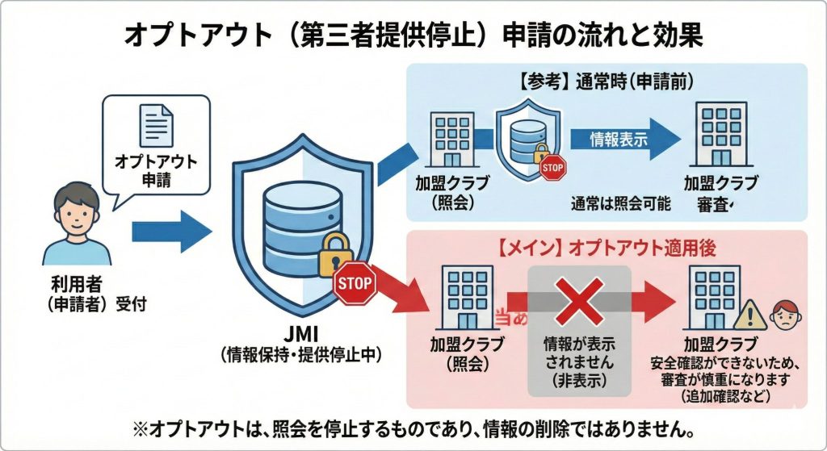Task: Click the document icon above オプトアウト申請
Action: (157, 126)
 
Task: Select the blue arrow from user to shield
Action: (171, 232)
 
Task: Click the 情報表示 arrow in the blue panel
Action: (620, 137)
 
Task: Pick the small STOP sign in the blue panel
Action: (553, 167)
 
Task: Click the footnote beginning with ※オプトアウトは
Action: (413, 426)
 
